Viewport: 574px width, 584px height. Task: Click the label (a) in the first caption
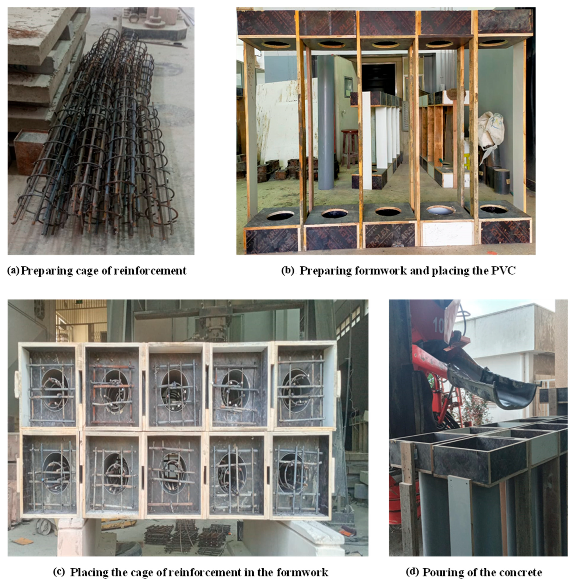point(13,271)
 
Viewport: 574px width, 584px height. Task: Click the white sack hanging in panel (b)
point(491,130)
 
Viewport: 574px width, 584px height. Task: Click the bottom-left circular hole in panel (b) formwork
point(280,215)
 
